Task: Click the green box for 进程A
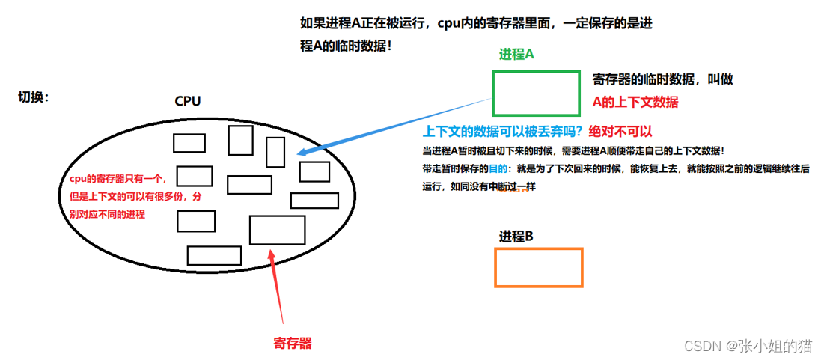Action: click(x=536, y=93)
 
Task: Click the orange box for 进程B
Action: click(x=539, y=267)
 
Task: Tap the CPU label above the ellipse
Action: click(x=187, y=101)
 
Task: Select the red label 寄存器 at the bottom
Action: click(x=292, y=344)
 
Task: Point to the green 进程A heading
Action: click(x=516, y=55)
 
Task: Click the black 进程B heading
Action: click(x=516, y=237)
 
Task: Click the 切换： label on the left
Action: click(x=34, y=97)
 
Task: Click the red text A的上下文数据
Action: click(x=635, y=103)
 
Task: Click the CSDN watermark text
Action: click(x=748, y=346)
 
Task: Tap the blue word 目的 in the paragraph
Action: click(x=498, y=169)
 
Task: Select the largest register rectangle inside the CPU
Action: click(x=277, y=230)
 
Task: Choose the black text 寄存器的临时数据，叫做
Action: click(x=668, y=79)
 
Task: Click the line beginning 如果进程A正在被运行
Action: click(x=475, y=24)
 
